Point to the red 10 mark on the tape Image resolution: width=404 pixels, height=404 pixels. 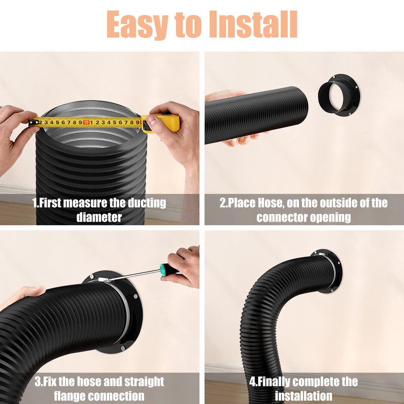coord(86,122)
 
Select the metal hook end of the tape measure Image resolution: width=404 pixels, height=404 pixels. coord(32,123)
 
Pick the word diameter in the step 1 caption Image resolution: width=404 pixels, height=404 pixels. coord(99,218)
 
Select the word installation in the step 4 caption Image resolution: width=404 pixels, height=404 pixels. coord(304,395)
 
